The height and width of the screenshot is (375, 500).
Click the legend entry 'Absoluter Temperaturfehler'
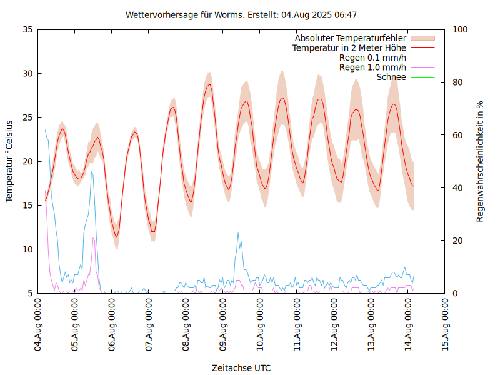point(350,38)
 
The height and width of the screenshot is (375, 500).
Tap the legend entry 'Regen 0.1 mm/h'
point(372,57)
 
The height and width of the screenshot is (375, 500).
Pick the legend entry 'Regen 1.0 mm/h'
point(372,67)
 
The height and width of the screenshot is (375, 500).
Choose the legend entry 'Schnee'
point(391,77)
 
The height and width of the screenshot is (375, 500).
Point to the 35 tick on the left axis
point(27,29)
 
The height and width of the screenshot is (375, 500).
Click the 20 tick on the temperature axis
point(27,161)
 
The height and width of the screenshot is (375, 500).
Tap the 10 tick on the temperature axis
point(27,249)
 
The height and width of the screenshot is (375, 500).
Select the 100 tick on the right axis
point(461,29)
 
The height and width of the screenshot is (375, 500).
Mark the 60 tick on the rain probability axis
point(458,135)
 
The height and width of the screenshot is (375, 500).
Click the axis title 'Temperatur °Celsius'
point(9,161)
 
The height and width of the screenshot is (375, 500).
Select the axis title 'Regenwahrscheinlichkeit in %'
point(481,161)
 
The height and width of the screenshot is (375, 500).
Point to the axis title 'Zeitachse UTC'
point(241,367)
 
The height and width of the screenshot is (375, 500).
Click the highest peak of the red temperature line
point(209,84)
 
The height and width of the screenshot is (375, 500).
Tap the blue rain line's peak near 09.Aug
point(238,232)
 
